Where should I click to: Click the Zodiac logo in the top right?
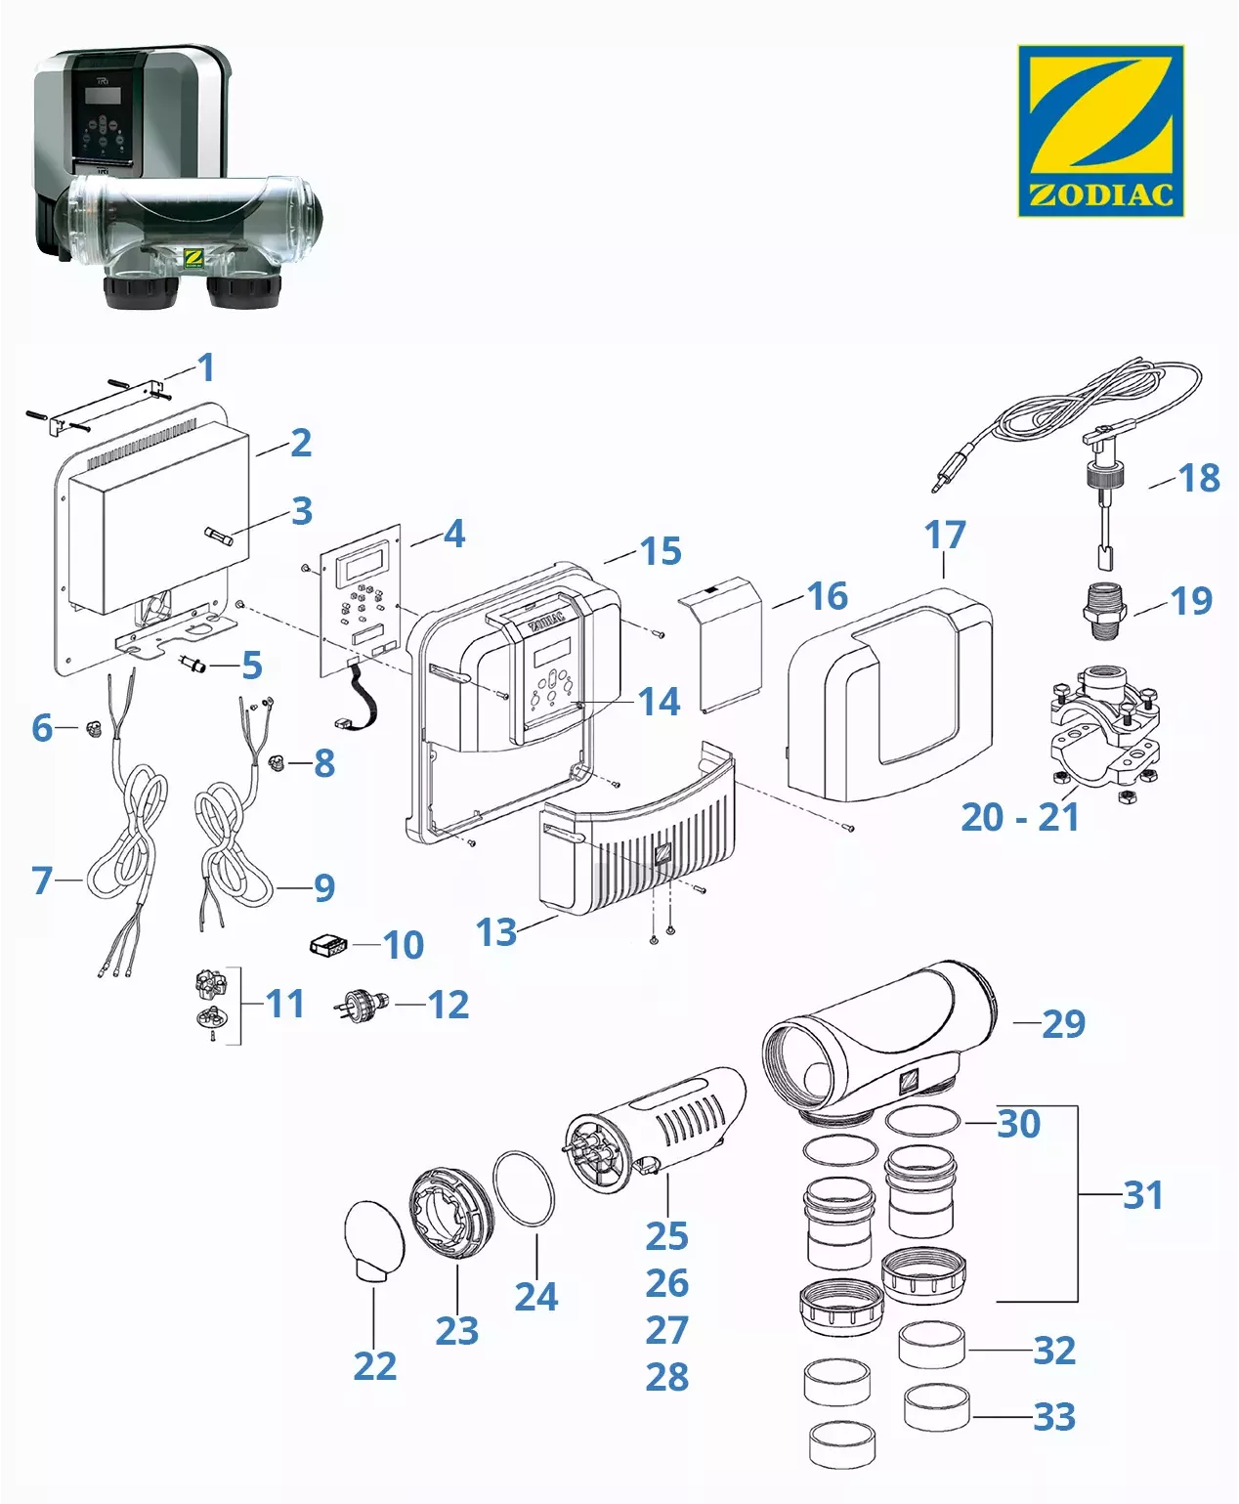click(x=1100, y=130)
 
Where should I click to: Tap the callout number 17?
click(x=945, y=535)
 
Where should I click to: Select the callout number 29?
click(x=1063, y=1023)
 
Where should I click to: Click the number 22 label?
click(x=375, y=1365)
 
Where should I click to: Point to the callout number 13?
click(x=496, y=932)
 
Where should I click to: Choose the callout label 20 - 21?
click(x=1020, y=817)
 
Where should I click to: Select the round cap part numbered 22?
click(x=375, y=1239)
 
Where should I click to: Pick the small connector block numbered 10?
click(x=328, y=945)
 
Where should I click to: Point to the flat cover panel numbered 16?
click(x=731, y=645)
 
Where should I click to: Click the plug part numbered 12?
click(x=363, y=1004)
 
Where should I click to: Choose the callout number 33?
click(x=1054, y=1416)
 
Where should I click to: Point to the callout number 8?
click(x=324, y=763)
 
